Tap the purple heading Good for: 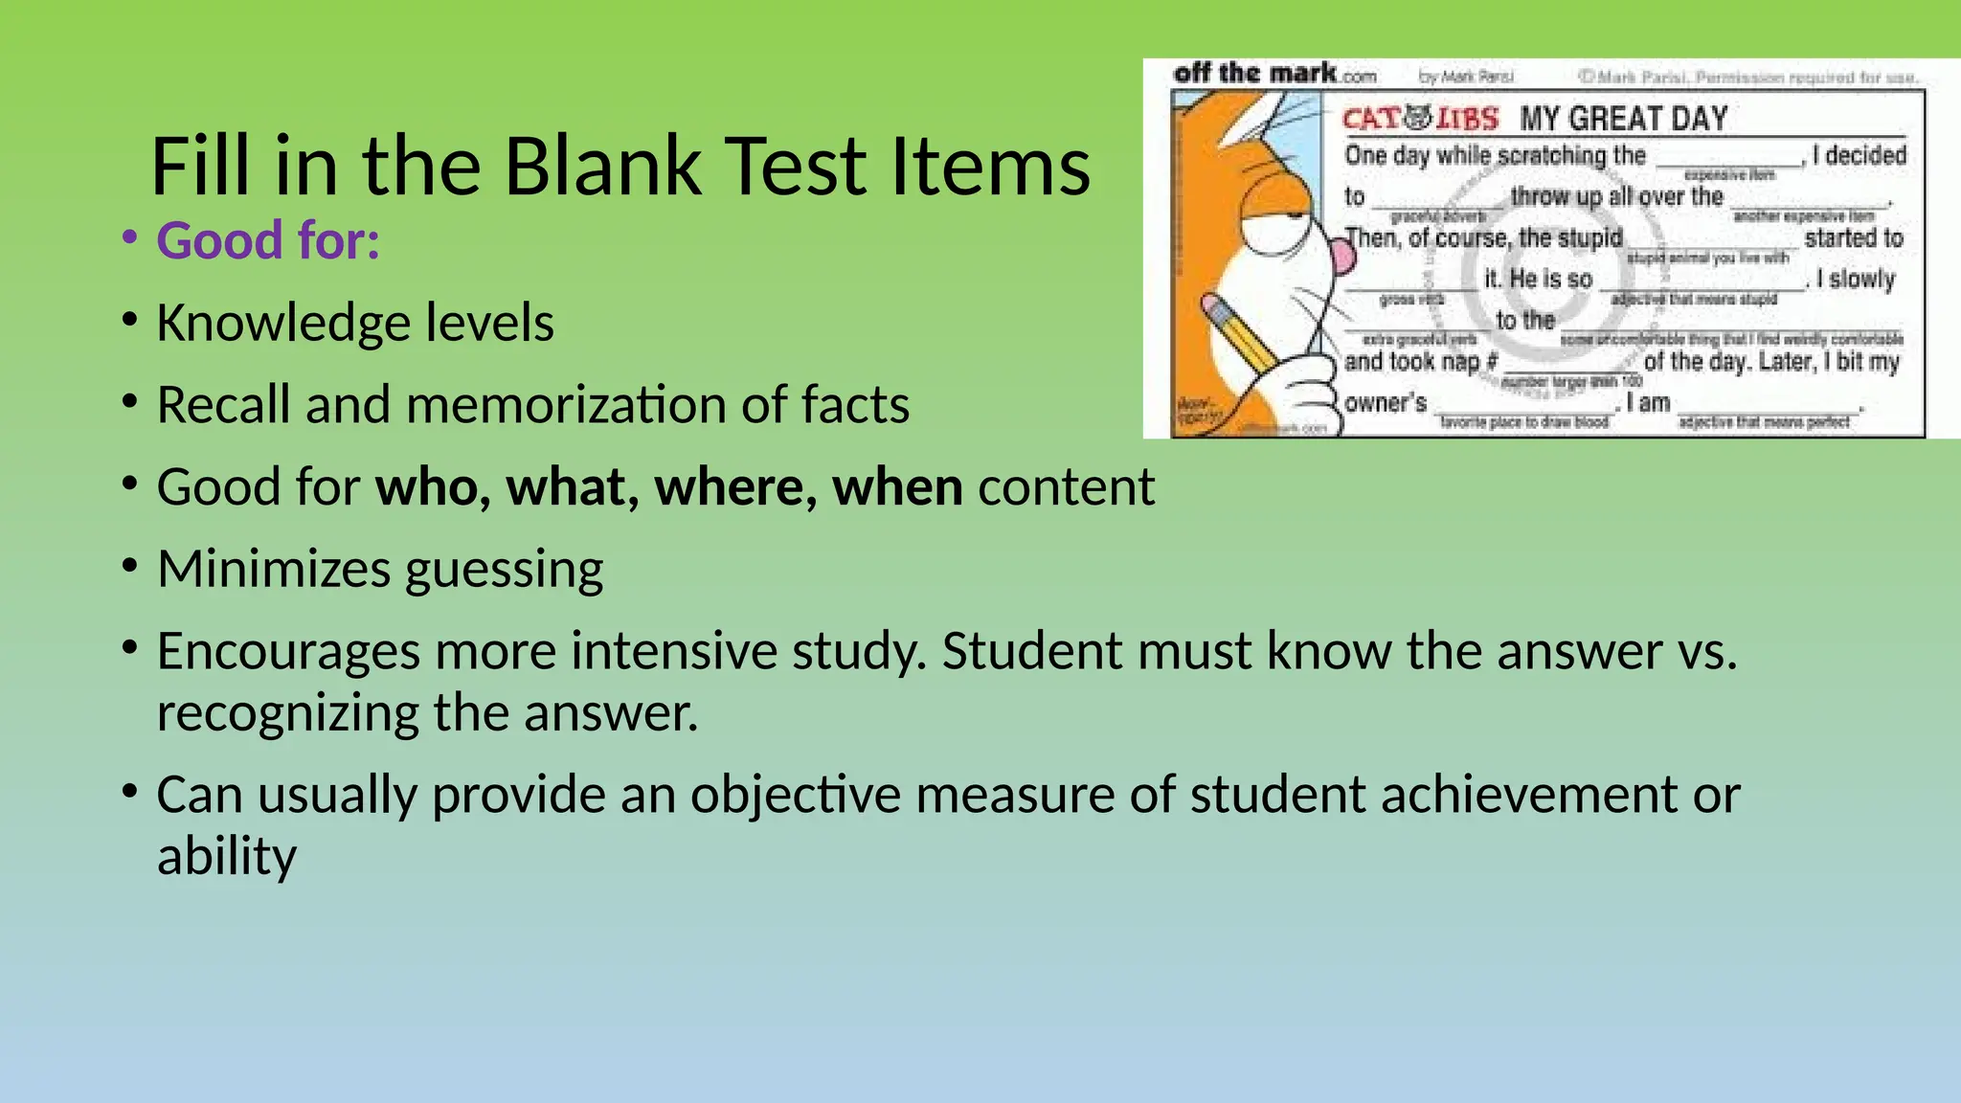(x=268, y=240)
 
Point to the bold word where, (x=735, y=486)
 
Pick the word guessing (x=505, y=571)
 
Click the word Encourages (x=288, y=653)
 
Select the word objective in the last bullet (x=796, y=796)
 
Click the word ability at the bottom (x=227, y=856)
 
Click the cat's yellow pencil (x=1241, y=335)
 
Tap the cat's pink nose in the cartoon (x=1337, y=254)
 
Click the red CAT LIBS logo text (x=1420, y=119)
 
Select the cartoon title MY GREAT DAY (x=1624, y=119)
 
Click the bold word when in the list (x=897, y=486)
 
